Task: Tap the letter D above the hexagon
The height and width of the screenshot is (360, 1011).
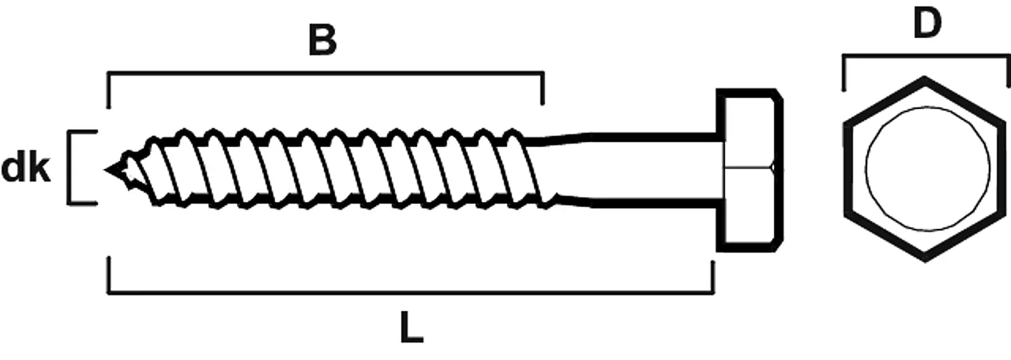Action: coord(927,24)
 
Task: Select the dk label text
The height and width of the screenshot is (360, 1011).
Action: coord(26,169)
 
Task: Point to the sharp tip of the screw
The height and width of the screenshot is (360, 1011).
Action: coord(107,169)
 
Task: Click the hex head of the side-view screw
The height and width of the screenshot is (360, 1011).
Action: coord(749,170)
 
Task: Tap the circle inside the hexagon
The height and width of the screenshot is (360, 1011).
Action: coord(927,168)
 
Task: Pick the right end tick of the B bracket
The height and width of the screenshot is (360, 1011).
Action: coord(542,88)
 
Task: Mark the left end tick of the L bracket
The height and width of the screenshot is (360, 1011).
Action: coord(108,276)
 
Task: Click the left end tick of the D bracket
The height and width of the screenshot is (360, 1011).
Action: coord(844,72)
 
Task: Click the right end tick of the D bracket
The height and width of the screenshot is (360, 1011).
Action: coord(1008,72)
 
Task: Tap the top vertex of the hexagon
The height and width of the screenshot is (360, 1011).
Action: coord(926,78)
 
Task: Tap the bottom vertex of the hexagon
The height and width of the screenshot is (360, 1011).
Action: coord(926,259)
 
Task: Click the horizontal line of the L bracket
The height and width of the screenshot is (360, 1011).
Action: coord(411,293)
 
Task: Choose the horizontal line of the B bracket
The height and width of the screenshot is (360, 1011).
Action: coord(324,73)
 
